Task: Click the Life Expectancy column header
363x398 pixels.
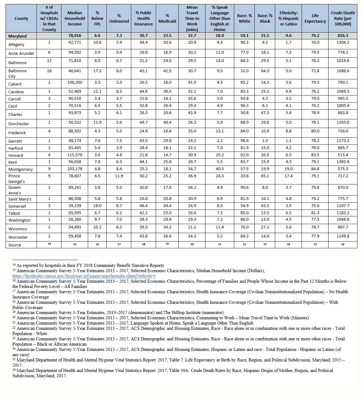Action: pyautogui.click(x=315, y=19)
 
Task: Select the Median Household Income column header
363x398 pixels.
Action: pyautogui.click(x=75, y=19)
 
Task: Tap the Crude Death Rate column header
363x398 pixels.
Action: pyautogui.click(x=343, y=19)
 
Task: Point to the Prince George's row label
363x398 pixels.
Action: pyautogui.click(x=16, y=179)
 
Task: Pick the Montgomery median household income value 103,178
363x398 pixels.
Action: pyautogui.click(x=75, y=169)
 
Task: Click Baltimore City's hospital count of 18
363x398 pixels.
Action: pyautogui.click(x=49, y=71)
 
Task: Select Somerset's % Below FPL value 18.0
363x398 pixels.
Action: pyautogui.click(x=97, y=206)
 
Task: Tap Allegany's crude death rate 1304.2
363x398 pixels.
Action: pyautogui.click(x=343, y=42)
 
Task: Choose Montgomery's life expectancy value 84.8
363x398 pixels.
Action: pyautogui.click(x=315, y=169)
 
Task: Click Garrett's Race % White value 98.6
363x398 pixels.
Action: pyautogui.click(x=244, y=141)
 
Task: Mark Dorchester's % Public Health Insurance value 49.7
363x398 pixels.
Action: pyautogui.click(x=143, y=122)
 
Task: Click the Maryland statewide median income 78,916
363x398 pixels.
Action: pyautogui.click(x=75, y=36)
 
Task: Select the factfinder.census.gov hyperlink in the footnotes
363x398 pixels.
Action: pyautogui.click(x=84, y=276)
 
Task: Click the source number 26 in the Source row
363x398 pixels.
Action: pyautogui.click(x=343, y=244)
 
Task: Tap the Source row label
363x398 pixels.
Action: pyautogui.click(x=15, y=245)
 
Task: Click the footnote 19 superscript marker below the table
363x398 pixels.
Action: pyautogui.click(x=14, y=312)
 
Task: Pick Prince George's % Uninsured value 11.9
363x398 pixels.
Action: pyautogui.click(x=119, y=176)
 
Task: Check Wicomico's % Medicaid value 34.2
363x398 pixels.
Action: pyautogui.click(x=167, y=227)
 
